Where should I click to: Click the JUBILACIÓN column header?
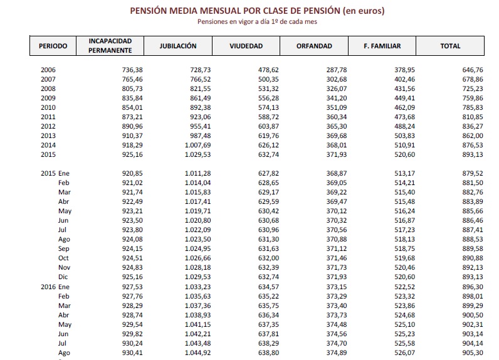(178, 46)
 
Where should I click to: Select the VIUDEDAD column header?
(246, 46)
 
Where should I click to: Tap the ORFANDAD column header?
(313, 46)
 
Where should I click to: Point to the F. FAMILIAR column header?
(382, 46)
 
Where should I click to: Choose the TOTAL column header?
(450, 46)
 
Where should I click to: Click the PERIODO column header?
(53, 46)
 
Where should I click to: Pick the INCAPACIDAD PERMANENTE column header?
(110, 46)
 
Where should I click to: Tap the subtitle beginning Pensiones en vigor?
(256, 21)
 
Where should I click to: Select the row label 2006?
(48, 70)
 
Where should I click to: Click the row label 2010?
(48, 107)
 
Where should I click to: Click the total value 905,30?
(472, 352)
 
